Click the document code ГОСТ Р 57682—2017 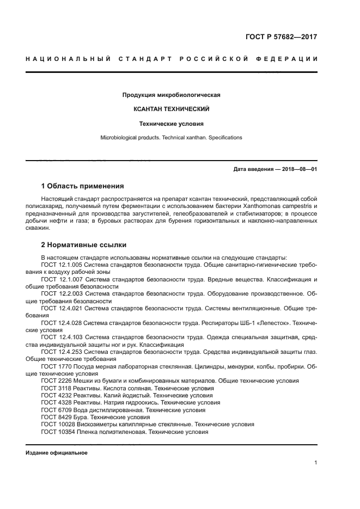[281, 38]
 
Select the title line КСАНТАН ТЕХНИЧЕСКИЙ [172, 109]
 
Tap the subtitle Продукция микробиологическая [172, 95]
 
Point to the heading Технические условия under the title [172, 124]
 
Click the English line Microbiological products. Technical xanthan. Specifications [172, 138]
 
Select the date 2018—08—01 [299, 169]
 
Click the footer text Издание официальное [57, 453]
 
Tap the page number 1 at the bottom [316, 463]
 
